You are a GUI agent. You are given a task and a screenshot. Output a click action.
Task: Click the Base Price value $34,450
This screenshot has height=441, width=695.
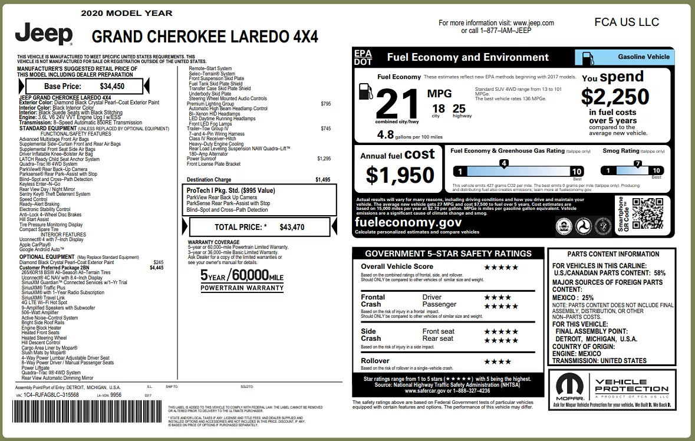pyautogui.click(x=112, y=86)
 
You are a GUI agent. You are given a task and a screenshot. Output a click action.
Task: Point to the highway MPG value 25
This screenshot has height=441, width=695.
pyautogui.click(x=459, y=108)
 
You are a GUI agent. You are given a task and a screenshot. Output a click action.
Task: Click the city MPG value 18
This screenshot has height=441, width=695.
pyautogui.click(x=438, y=108)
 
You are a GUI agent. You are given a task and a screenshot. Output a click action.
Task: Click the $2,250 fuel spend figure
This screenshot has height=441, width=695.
pyautogui.click(x=615, y=96)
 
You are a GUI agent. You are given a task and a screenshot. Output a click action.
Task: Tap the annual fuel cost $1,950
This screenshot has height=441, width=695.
pyautogui.click(x=400, y=175)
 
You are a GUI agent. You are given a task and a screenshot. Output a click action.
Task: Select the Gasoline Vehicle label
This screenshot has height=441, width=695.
pyautogui.click(x=644, y=57)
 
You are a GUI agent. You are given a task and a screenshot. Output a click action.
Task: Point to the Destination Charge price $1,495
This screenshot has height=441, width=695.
pyautogui.click(x=323, y=180)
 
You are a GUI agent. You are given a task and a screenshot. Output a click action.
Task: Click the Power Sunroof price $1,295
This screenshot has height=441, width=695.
pyautogui.click(x=324, y=159)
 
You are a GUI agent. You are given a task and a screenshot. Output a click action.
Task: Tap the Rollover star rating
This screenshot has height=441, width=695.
pyautogui.click(x=498, y=361)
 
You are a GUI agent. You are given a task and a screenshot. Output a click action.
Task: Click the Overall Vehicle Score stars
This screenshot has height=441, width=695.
pyautogui.click(x=501, y=267)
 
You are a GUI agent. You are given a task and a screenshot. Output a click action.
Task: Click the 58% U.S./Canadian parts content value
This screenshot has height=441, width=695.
pyautogui.click(x=659, y=274)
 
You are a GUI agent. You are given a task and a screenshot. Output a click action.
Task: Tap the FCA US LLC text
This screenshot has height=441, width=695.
pyautogui.click(x=627, y=22)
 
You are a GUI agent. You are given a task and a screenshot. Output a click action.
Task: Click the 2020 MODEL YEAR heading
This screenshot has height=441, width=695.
pyautogui.click(x=127, y=13)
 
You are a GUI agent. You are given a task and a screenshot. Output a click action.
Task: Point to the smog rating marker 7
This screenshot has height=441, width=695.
pyautogui.click(x=637, y=164)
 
